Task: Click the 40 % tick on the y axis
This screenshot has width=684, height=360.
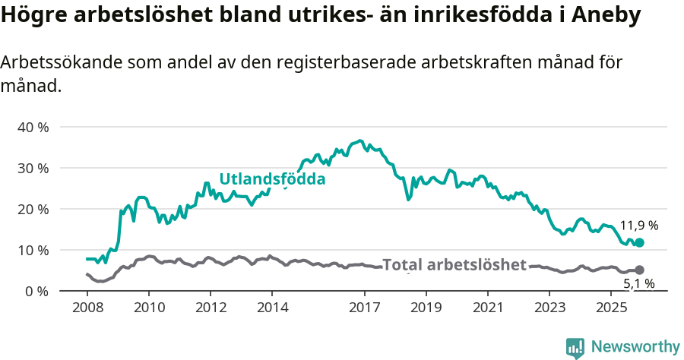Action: pos(33,127)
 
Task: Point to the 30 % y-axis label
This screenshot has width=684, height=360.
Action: pos(33,168)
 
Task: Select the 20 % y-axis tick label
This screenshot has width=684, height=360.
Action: pos(33,209)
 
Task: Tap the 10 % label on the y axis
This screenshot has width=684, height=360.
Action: pos(33,250)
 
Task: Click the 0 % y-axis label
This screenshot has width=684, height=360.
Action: pos(36,291)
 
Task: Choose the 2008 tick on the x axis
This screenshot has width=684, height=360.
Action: pos(87,308)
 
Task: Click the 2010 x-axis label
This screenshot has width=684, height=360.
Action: pos(148,308)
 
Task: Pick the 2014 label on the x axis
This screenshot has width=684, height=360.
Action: pos(272,308)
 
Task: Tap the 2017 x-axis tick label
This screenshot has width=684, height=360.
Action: pos(364,308)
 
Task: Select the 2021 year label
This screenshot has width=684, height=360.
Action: pos(488,308)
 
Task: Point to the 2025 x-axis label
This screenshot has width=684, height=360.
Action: pos(611,308)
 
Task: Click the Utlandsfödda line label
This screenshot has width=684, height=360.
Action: pos(272,179)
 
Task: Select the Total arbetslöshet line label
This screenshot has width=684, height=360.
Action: pos(454,265)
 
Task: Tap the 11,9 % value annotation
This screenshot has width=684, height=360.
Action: pos(638,226)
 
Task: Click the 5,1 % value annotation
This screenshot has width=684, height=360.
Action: pos(638,284)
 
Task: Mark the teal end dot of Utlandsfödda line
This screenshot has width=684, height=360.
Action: pos(639,242)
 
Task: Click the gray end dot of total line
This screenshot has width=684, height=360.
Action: pos(639,270)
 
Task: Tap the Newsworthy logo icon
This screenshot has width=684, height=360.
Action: pos(575,347)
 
